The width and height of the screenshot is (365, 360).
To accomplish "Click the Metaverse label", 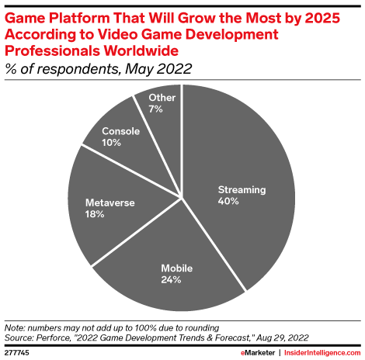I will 109,203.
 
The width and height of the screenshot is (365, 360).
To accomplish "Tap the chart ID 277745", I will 19,351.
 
